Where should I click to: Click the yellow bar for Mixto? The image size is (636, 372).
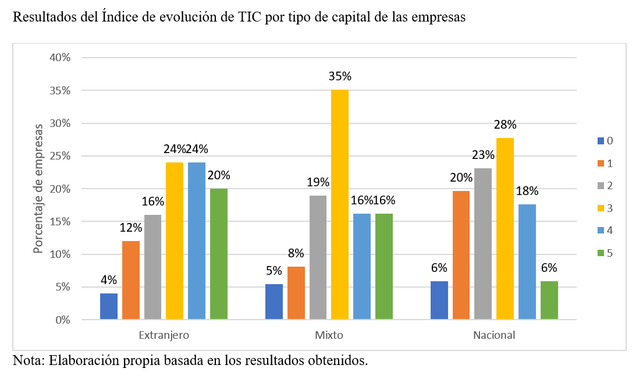(340, 204)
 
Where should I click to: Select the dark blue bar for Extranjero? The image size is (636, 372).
(109, 306)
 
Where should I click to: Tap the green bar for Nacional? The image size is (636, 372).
(549, 300)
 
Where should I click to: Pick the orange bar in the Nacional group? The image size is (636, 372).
(461, 256)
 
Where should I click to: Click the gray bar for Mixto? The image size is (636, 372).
(318, 257)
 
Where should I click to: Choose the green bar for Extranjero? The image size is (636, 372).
(219, 254)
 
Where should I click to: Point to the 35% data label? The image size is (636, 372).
(340, 76)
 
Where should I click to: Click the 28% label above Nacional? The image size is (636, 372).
(505, 125)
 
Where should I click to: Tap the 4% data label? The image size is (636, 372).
(109, 280)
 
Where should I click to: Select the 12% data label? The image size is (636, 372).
(131, 228)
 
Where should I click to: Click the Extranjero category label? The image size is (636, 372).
(164, 336)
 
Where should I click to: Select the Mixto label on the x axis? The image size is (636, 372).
(329, 336)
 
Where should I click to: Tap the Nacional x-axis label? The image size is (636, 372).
(494, 336)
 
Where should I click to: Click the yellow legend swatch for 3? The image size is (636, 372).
(601, 208)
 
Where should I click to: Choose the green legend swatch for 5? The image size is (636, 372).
(601, 253)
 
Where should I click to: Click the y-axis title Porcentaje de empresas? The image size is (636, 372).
(38, 188)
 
